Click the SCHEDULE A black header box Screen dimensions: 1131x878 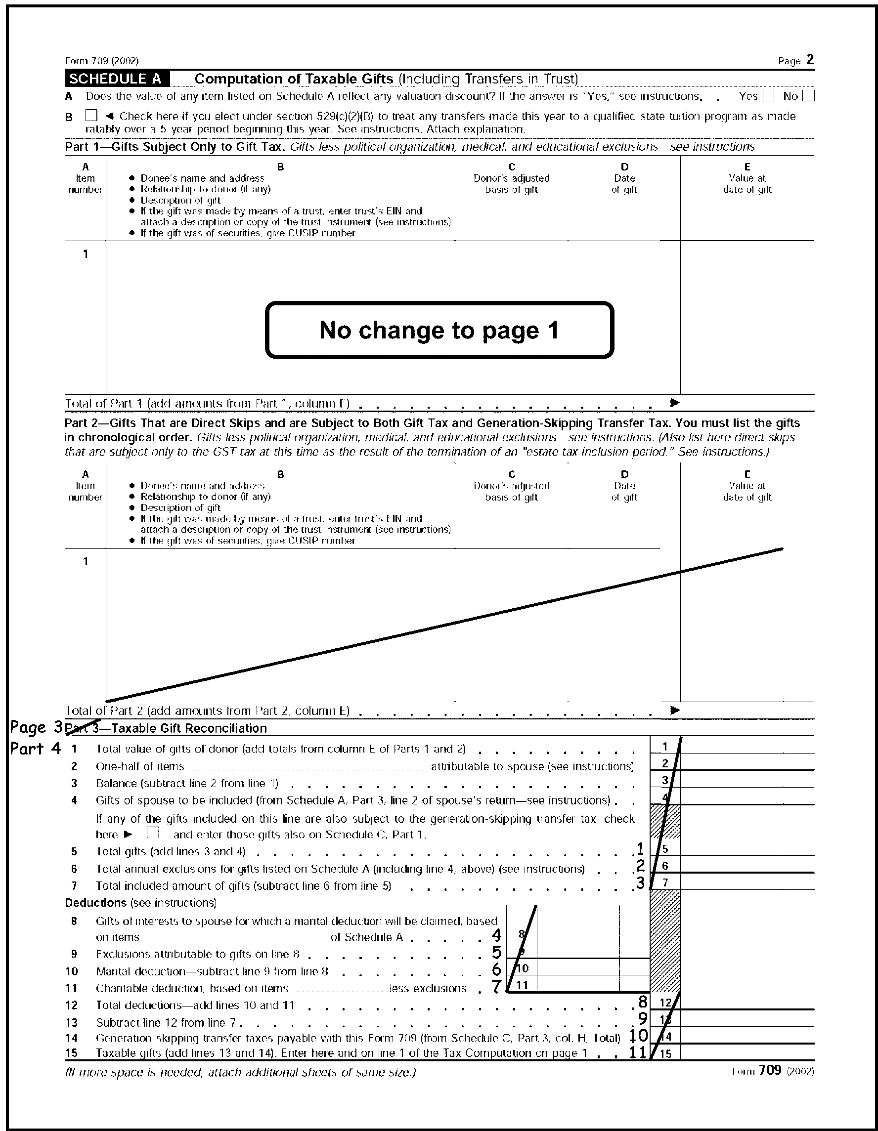click(x=117, y=79)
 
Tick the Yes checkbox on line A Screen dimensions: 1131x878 click(x=769, y=96)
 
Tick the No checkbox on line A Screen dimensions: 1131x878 click(x=809, y=96)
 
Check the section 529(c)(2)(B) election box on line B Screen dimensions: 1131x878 click(x=91, y=116)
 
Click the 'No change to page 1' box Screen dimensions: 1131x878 click(x=439, y=330)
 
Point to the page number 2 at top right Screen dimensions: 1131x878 click(x=810, y=60)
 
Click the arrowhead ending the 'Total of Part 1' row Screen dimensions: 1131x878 click(x=674, y=402)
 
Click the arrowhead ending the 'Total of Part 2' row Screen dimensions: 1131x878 click(x=674, y=710)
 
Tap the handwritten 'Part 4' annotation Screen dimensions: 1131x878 click(x=35, y=748)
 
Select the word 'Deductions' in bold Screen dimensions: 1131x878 click(x=95, y=903)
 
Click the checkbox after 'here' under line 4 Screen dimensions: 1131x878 click(x=152, y=833)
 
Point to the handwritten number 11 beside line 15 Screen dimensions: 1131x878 click(x=638, y=1052)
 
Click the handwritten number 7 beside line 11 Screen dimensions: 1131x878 click(x=496, y=987)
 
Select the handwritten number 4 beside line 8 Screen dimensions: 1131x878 click(x=496, y=935)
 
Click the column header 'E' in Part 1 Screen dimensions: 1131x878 click(x=747, y=167)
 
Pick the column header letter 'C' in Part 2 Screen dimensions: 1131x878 click(x=511, y=474)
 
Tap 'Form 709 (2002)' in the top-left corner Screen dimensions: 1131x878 click(x=101, y=61)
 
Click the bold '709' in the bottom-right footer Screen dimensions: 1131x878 click(x=770, y=1070)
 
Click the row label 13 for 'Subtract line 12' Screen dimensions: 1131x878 click(x=72, y=1022)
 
